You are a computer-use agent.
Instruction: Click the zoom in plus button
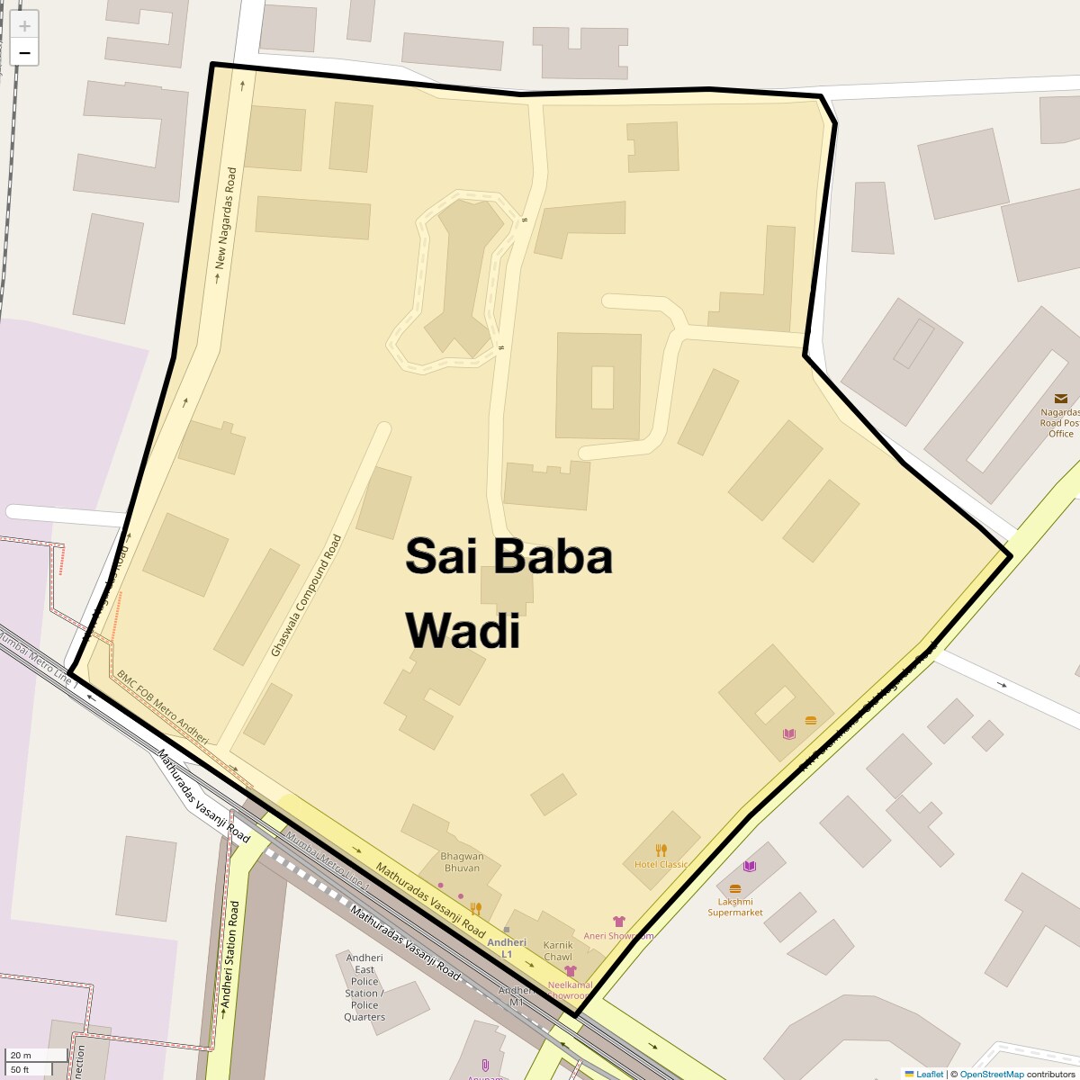click(24, 26)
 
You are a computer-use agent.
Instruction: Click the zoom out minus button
click(24, 53)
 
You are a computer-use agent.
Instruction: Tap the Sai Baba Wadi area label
click(508, 593)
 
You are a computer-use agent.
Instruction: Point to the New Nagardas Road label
click(225, 219)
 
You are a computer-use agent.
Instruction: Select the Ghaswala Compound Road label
click(307, 595)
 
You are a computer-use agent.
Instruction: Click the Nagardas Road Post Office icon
click(1061, 398)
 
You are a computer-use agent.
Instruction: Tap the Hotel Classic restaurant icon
click(661, 850)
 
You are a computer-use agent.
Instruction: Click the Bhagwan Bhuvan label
click(462, 862)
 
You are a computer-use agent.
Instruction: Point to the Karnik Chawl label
click(558, 950)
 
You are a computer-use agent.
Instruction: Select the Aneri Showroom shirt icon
click(618, 922)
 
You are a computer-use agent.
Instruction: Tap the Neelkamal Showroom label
click(570, 991)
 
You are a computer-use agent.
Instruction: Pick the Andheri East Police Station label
click(364, 987)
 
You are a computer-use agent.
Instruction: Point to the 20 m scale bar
click(36, 1055)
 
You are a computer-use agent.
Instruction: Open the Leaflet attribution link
click(929, 1074)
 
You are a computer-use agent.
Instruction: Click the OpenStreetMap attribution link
click(991, 1074)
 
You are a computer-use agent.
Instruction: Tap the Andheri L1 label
click(506, 948)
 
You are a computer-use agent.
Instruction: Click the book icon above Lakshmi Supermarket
click(750, 866)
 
